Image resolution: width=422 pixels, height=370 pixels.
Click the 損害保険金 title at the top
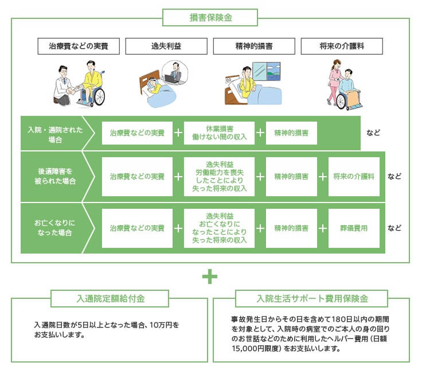point(210,17)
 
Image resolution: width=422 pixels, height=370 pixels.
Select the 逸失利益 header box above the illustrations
point(166,46)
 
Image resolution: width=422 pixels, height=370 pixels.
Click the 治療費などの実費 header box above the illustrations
point(79,46)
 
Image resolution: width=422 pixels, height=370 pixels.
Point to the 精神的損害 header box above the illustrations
point(253,46)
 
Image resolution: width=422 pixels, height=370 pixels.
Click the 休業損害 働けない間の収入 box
point(219,133)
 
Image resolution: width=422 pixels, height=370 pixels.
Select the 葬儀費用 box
point(354,228)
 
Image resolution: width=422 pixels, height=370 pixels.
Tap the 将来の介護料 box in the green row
point(354,176)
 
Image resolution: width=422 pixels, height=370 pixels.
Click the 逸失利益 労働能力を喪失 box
point(219,176)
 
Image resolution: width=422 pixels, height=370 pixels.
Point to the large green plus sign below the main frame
point(210,277)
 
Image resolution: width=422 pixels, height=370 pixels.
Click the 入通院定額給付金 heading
point(110,299)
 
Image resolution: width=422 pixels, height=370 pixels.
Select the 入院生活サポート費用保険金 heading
point(311,299)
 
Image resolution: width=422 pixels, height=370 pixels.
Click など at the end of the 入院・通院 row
point(374,133)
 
